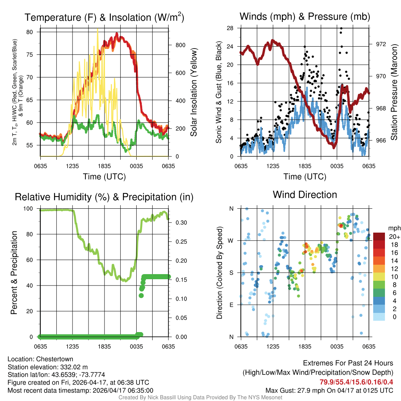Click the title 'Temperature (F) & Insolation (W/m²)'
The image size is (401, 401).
(x=104, y=18)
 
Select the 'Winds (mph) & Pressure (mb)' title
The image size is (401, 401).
(x=305, y=16)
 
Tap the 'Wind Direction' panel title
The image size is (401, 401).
(x=305, y=195)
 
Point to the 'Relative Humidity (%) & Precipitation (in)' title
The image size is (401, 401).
(x=104, y=197)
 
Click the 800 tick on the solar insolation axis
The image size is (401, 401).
(x=180, y=45)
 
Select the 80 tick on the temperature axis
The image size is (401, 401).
(x=34, y=32)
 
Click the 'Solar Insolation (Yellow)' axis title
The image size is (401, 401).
(x=193, y=92)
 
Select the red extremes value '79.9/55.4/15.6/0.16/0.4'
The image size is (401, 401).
(x=356, y=382)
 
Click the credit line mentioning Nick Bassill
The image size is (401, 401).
(x=200, y=397)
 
